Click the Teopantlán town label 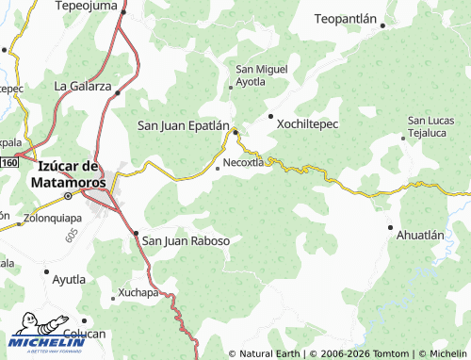tap(346, 19)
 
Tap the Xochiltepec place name tap(307, 123)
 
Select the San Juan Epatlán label tap(184, 124)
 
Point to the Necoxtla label tap(242, 161)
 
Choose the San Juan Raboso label tap(186, 240)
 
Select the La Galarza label tap(82, 86)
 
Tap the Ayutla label tap(69, 279)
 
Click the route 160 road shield tap(8, 162)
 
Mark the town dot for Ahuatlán tap(391, 227)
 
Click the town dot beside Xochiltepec tap(271, 116)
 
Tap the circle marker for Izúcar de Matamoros tap(68, 196)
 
